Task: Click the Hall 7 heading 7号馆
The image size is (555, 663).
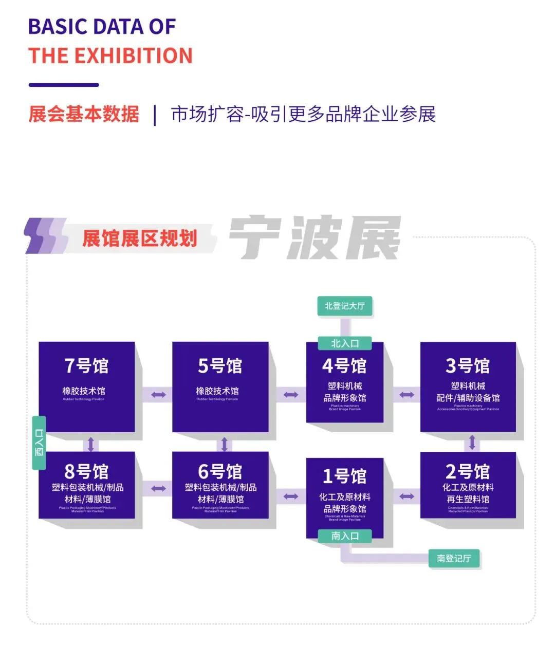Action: tap(86, 366)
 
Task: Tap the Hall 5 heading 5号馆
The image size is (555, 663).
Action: tap(220, 366)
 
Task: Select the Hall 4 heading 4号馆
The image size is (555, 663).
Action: tap(344, 366)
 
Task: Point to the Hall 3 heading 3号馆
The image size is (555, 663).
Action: tap(468, 366)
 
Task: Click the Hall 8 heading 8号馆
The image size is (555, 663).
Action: tap(86, 471)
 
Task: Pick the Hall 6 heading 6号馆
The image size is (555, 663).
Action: tap(220, 471)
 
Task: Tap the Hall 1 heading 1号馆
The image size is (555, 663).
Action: tap(344, 476)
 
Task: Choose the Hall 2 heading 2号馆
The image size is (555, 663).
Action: tap(468, 471)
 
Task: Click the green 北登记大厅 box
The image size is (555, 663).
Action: tap(345, 306)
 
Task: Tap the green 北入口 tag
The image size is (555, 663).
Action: tap(345, 343)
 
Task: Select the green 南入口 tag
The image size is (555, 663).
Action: tap(345, 536)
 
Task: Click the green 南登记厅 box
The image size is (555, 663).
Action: tap(454, 558)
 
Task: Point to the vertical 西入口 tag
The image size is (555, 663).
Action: tap(39, 443)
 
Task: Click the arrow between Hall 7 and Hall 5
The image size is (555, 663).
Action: tap(158, 395)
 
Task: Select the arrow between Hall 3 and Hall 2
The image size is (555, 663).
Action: tap(472, 443)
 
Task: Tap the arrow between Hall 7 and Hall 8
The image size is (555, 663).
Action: tap(90, 444)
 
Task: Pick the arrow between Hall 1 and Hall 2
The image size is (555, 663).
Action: tap(406, 496)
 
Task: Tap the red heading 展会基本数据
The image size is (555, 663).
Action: tap(84, 114)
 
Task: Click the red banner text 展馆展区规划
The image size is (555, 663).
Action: tap(140, 238)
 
